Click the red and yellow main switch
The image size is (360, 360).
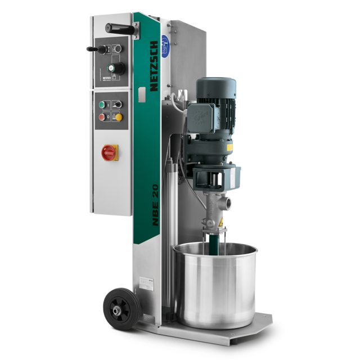[x=109, y=152]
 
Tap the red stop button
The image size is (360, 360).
[x=102, y=117]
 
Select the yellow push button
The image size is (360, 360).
[x=119, y=117]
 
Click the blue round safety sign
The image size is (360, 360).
[x=165, y=43]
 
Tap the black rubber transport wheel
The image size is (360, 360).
[x=118, y=306]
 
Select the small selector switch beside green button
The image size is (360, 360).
[x=118, y=104]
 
